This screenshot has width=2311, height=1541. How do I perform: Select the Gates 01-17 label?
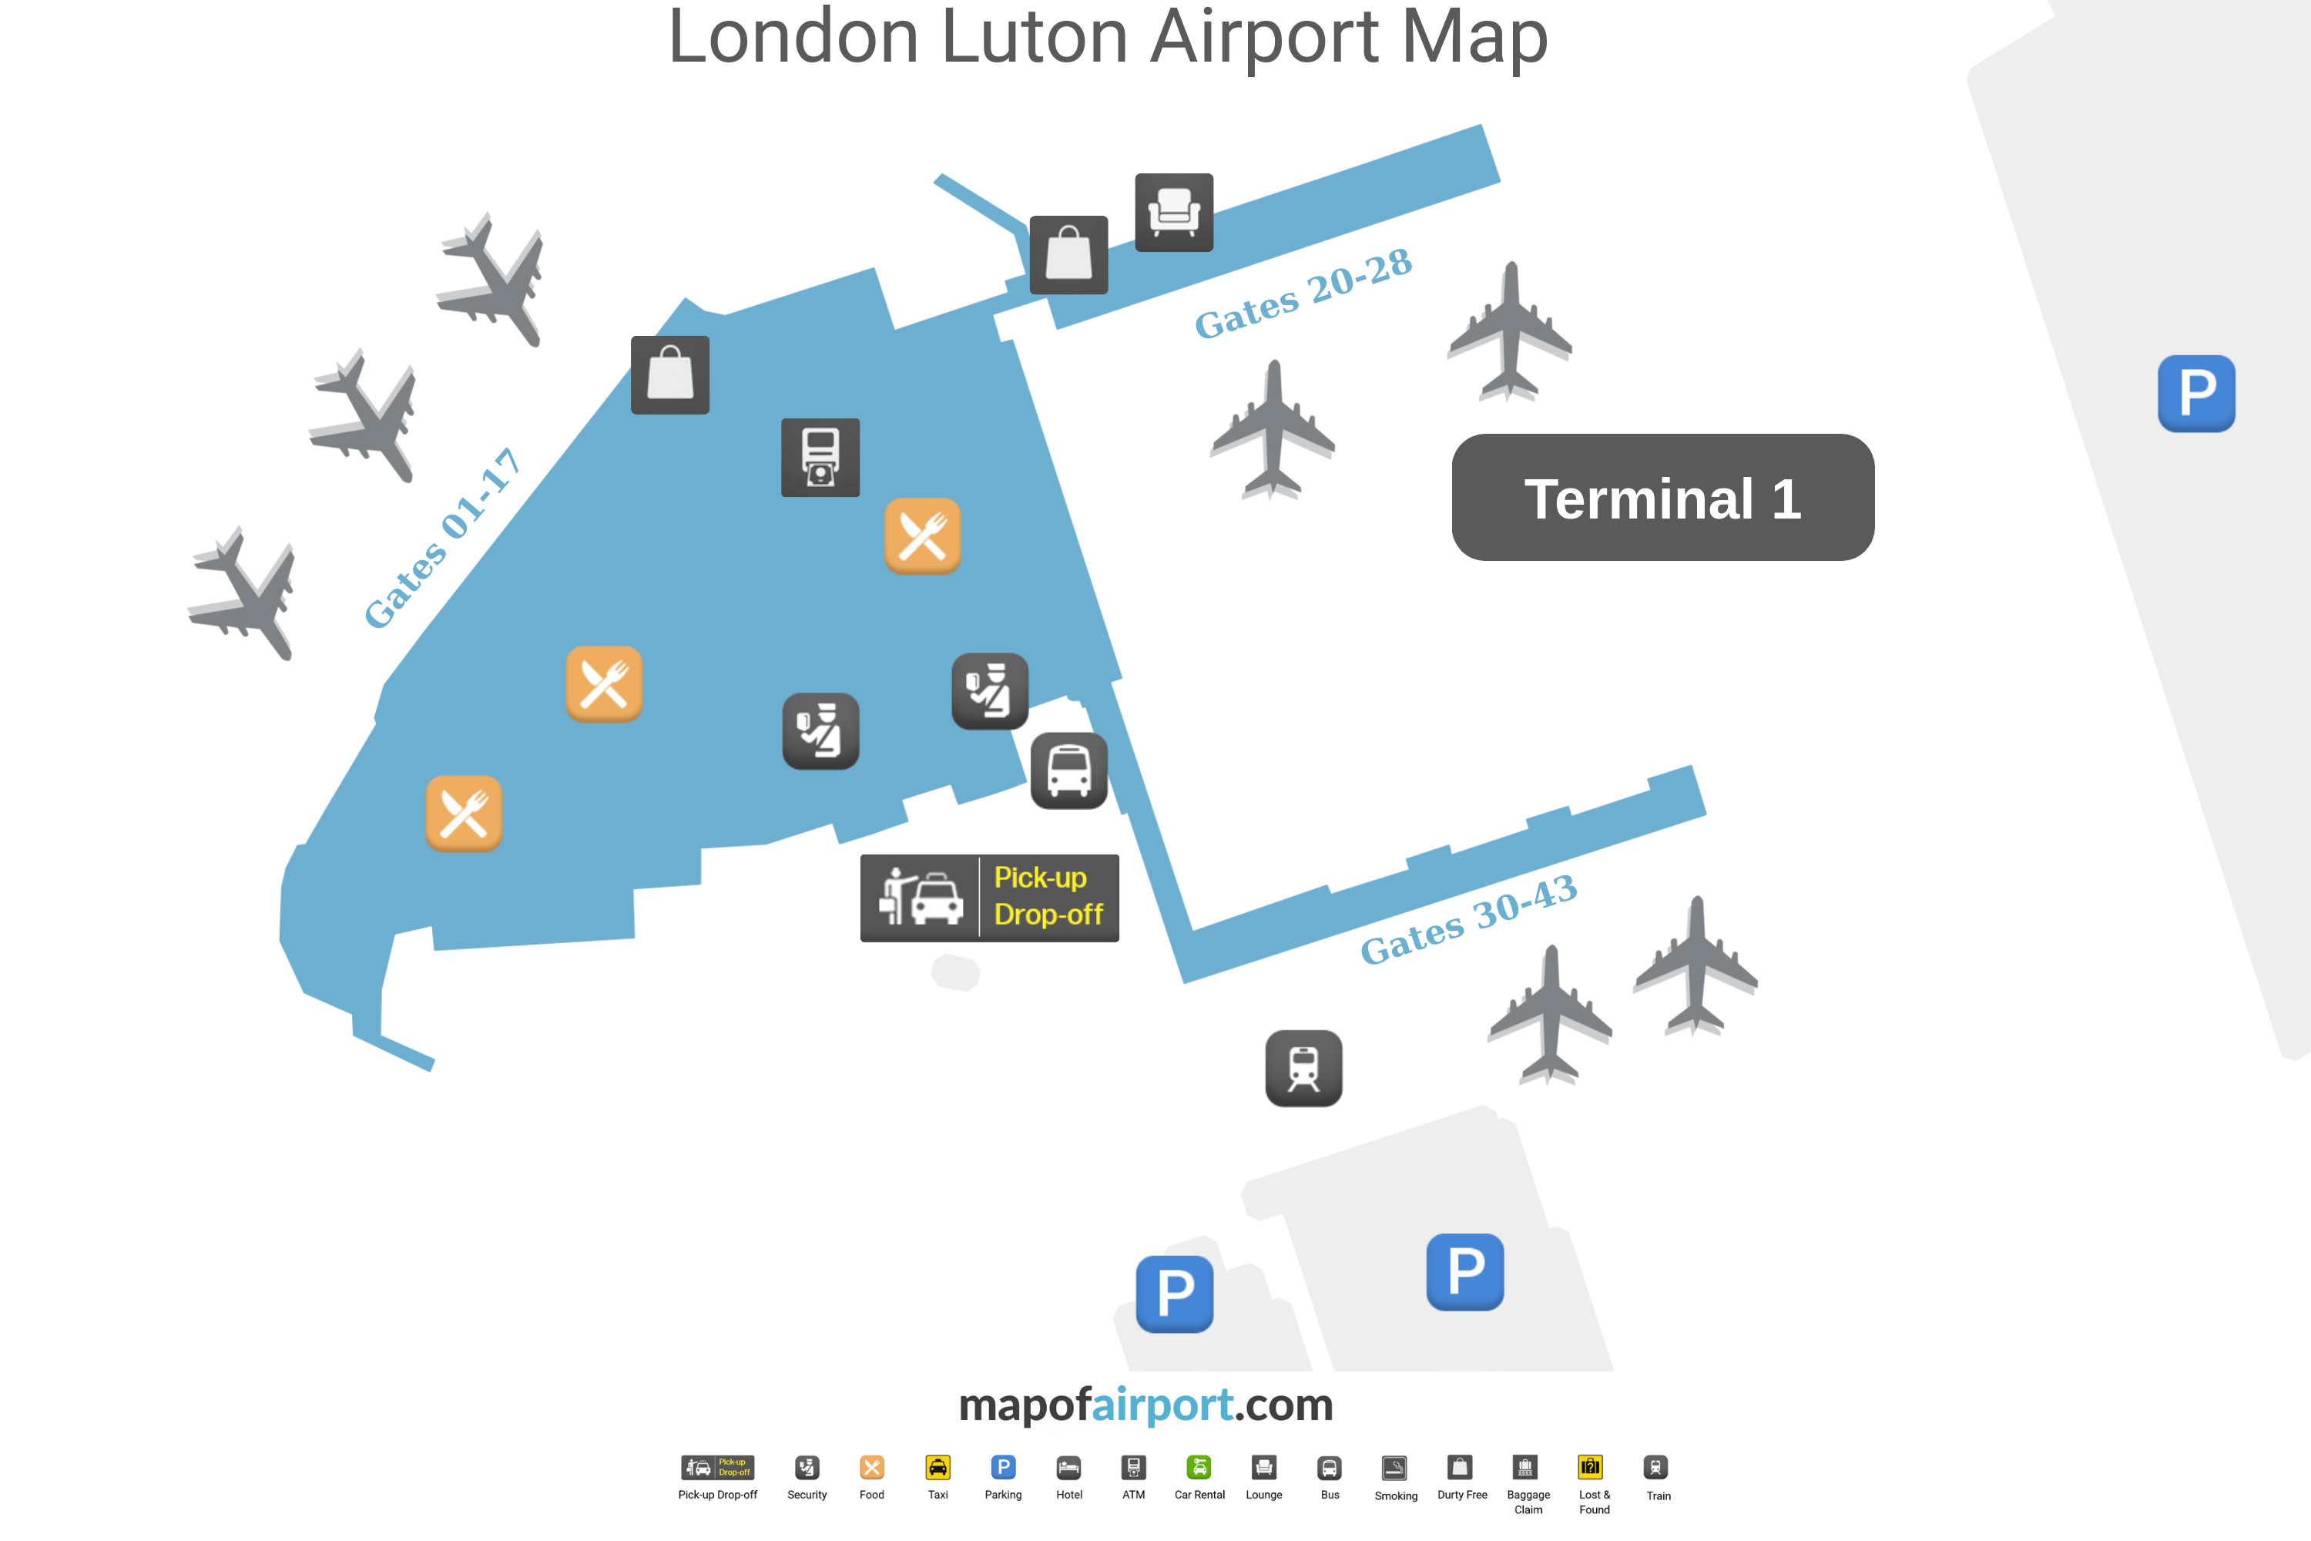tap(441, 538)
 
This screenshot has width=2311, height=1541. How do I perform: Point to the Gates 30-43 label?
tap(1468, 920)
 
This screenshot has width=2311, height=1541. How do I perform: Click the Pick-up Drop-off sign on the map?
tap(989, 898)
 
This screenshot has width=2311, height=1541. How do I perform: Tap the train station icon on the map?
tap(1303, 1068)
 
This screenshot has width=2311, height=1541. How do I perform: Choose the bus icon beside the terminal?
tap(1069, 770)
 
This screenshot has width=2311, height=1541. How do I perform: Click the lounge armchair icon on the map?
tap(1174, 213)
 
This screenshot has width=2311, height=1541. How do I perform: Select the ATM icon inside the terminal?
tap(820, 458)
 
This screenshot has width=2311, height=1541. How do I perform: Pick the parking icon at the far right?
tap(2196, 393)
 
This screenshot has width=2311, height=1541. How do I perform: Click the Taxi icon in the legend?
tap(938, 1467)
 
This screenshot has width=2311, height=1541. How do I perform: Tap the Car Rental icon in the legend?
tap(1199, 1467)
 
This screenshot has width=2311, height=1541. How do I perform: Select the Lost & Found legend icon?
tap(1591, 1467)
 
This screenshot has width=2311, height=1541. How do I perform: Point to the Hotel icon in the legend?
tap(1069, 1467)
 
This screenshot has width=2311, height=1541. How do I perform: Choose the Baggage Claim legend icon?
tap(1525, 1467)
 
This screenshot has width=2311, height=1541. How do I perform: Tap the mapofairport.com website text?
tap(1145, 1405)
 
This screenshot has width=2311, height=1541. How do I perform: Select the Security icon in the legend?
tap(807, 1467)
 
